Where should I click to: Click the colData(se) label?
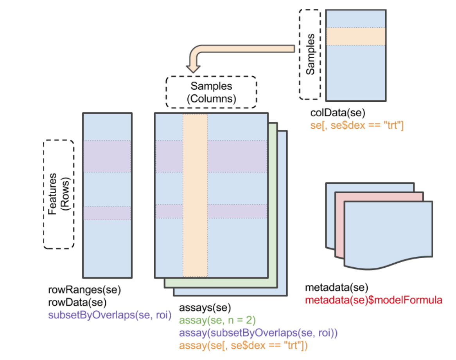338,113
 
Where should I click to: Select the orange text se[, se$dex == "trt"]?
357,126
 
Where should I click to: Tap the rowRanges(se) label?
84,290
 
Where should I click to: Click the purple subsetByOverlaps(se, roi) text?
110,315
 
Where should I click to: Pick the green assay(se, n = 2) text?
217,320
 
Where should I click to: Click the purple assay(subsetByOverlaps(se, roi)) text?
258,333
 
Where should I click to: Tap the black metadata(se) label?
336,288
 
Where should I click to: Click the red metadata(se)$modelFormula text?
374,301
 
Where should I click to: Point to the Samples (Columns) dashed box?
211,92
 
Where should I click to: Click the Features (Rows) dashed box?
58,194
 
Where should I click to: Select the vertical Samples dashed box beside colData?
310,54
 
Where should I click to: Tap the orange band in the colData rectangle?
355,36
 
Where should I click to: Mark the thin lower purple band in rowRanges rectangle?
107,213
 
